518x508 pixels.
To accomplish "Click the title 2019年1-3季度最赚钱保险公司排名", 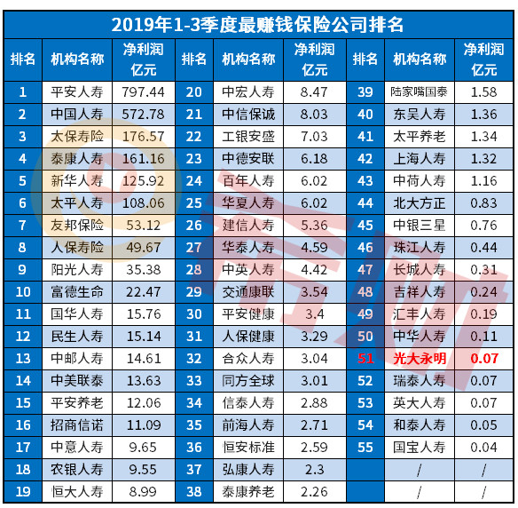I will pos(258,24).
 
